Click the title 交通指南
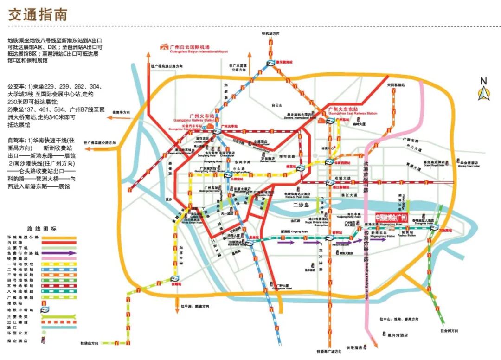tap(38, 14)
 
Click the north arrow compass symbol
tap(483, 90)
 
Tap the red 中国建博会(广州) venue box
tap(391, 218)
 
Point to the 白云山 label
tap(277, 105)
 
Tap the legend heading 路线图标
tap(42, 229)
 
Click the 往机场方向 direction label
tap(270, 34)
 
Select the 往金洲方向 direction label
tap(449, 331)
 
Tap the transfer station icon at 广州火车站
tap(217, 131)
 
